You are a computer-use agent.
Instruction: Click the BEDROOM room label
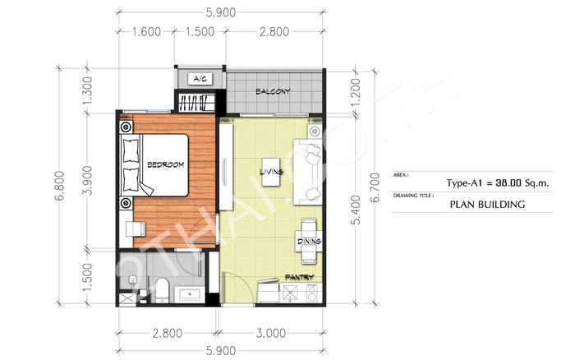[x=165, y=164]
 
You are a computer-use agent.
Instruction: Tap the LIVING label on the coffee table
[x=271, y=172]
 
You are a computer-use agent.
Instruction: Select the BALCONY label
[x=273, y=91]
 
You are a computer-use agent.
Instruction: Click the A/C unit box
[x=200, y=79]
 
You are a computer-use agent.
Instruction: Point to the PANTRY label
[x=299, y=278]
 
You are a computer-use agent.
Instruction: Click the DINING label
[x=309, y=241]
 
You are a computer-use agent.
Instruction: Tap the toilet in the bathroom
[x=162, y=289]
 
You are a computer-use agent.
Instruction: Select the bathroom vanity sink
[x=189, y=294]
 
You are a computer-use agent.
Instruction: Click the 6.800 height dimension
[x=60, y=185]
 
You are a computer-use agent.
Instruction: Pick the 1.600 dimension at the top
[x=146, y=32]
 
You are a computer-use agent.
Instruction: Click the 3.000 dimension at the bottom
[x=270, y=333]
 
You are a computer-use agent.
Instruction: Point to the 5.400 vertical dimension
[x=356, y=210]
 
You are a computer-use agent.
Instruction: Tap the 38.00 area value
[x=508, y=182]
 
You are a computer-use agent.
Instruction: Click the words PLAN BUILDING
[x=487, y=205]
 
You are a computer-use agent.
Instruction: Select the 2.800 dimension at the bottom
[x=168, y=333]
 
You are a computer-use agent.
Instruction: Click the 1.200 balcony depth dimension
[x=356, y=92]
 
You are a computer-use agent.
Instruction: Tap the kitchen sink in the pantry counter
[x=291, y=293]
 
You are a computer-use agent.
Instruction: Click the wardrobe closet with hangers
[x=196, y=103]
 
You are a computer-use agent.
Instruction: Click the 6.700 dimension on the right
[x=375, y=187]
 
